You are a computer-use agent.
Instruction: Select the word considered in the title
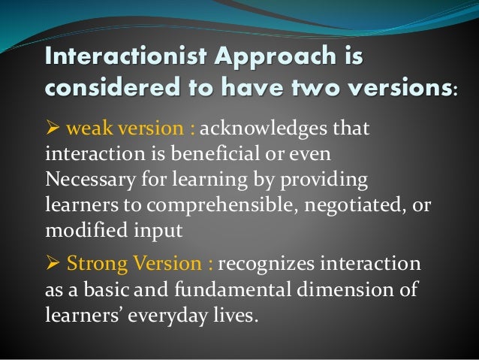pos(104,92)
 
